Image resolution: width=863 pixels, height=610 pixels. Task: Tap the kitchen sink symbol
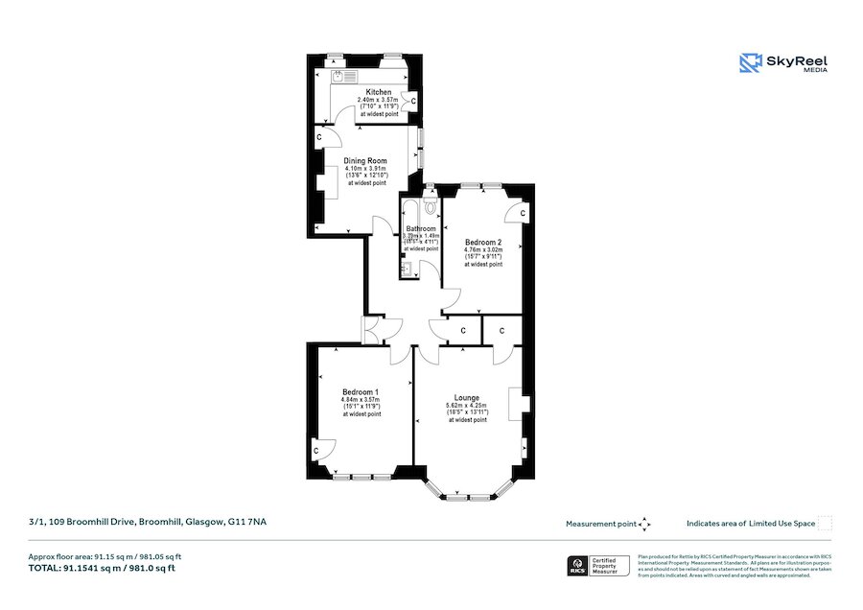343,75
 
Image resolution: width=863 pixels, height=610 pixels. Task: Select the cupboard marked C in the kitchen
413,100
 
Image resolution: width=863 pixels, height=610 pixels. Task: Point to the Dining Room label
365,160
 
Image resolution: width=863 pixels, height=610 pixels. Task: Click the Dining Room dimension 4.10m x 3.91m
365,169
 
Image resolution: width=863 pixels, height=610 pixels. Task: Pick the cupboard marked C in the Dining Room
318,138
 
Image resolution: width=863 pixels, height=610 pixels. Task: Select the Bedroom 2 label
483,242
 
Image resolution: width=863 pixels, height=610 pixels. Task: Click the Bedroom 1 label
361,391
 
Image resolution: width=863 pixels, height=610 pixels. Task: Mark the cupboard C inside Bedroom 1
315,448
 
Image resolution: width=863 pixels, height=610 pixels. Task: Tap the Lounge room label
467,397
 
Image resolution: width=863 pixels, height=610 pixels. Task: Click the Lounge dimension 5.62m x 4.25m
467,406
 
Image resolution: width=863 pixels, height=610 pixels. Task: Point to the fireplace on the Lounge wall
518,403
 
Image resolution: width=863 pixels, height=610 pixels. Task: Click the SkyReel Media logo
783,63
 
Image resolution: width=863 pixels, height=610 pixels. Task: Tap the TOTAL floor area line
102,568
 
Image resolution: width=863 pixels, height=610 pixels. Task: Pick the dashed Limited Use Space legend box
826,524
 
